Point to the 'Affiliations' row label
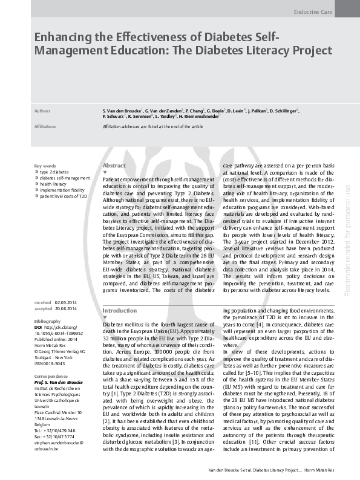point(46,126)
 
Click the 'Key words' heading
point(45,166)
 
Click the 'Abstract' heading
point(114,165)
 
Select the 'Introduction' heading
point(120,310)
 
